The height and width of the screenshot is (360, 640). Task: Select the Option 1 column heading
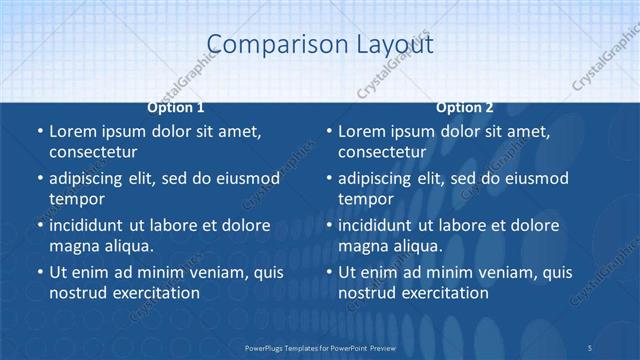coord(176,107)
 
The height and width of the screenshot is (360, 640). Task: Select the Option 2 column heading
coord(465,107)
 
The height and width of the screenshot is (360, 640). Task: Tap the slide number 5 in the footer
coord(589,347)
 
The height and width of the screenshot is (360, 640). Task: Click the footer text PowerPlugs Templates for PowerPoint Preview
coord(320,347)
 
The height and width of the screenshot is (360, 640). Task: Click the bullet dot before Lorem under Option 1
coord(39,132)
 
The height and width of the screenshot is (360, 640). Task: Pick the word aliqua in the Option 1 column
coord(129,246)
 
